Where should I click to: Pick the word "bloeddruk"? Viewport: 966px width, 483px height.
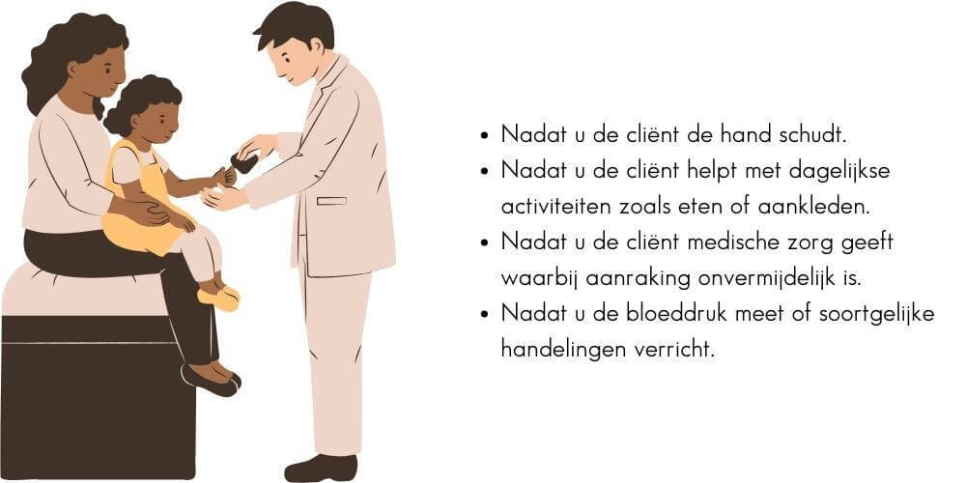click(x=672, y=314)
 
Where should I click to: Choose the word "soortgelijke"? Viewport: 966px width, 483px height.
click(x=876, y=315)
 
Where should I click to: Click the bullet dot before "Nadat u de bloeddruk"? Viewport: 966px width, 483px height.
click(x=485, y=314)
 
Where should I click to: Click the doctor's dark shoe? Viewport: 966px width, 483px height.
click(x=321, y=468)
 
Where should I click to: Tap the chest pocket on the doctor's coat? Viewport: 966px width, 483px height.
click(x=331, y=201)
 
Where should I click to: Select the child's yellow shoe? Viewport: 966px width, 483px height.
click(x=219, y=298)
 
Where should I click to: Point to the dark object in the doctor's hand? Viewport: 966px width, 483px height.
click(x=244, y=162)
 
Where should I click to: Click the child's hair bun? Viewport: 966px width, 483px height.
click(x=115, y=120)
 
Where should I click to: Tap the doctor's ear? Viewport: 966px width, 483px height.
click(x=316, y=46)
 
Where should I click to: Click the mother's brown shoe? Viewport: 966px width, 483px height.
click(x=210, y=377)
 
